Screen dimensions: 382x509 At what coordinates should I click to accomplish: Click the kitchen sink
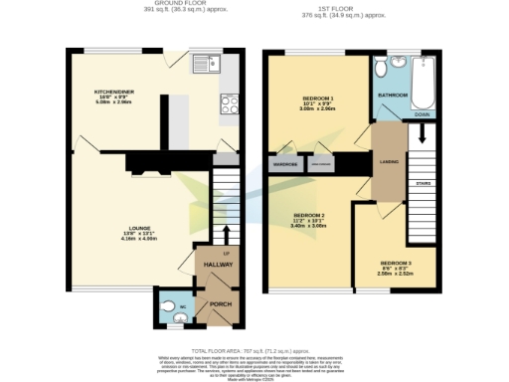(x=204, y=60)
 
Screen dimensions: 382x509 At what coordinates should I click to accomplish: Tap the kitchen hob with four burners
(x=227, y=103)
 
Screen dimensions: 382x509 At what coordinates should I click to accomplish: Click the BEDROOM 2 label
(x=308, y=215)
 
